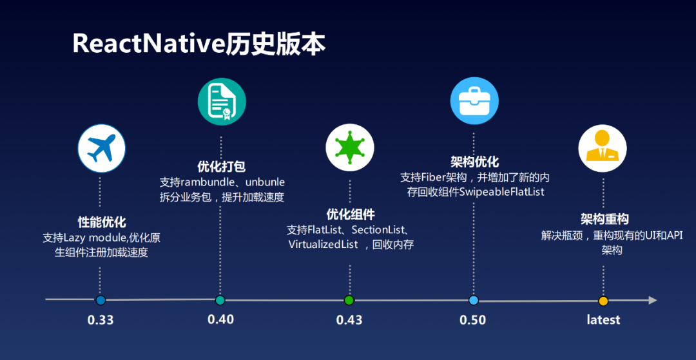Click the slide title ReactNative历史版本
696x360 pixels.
199,44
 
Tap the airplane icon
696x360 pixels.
101,148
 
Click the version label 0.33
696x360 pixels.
101,320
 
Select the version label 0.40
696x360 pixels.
221,319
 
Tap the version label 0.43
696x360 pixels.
349,320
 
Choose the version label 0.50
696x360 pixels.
473,320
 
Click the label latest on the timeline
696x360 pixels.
603,320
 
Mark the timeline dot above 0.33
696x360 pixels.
100,300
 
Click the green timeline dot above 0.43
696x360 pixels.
349,300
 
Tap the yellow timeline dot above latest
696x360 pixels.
603,301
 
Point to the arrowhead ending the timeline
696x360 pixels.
652,300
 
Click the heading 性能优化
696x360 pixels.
102,222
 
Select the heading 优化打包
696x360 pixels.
221,167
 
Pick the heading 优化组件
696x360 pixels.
350,214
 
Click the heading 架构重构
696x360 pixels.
604,219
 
